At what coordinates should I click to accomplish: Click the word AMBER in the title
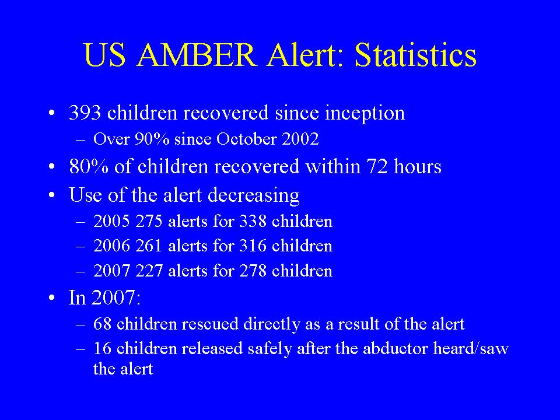click(197, 55)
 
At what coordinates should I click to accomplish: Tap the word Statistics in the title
click(415, 55)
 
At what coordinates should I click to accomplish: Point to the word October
click(246, 139)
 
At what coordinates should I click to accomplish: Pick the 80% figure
click(89, 167)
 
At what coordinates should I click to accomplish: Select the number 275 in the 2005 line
click(149, 222)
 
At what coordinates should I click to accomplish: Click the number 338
click(253, 222)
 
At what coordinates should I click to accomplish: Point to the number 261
click(149, 246)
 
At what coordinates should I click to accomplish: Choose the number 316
click(253, 246)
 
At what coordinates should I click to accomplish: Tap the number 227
click(149, 271)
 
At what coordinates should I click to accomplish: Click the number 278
click(253, 271)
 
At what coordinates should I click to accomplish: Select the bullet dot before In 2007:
click(52, 297)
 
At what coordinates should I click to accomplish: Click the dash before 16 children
click(80, 349)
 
